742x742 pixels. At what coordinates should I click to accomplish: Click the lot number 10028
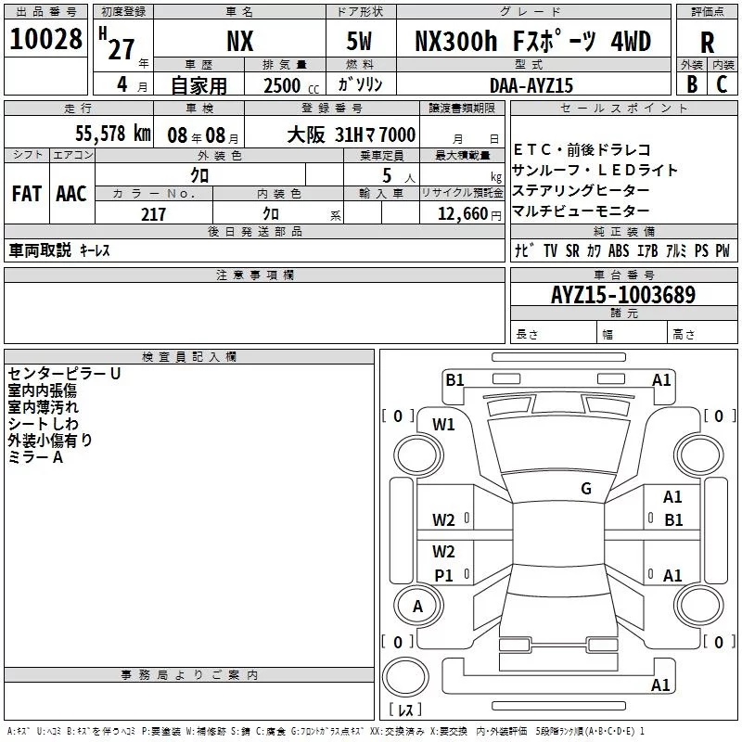point(45,39)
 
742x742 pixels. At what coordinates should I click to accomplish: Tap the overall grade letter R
point(707,43)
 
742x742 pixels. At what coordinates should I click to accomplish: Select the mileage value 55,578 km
point(113,134)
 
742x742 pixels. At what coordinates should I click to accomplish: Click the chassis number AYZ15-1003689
point(623,295)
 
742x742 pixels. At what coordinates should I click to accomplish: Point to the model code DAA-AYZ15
point(531,85)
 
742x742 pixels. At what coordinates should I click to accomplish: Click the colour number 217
point(153,214)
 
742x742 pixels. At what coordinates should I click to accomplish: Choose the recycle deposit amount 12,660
point(463,214)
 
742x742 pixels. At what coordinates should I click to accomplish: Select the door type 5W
point(359,41)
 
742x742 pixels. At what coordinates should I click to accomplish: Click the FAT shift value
point(27,194)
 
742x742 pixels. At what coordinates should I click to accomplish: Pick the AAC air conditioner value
point(71,194)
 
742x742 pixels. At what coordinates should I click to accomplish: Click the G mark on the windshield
point(586,489)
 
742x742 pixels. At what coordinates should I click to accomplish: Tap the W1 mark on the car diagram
point(443,425)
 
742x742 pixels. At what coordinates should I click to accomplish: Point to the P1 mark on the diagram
point(444,575)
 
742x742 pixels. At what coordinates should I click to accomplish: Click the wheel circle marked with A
point(417,607)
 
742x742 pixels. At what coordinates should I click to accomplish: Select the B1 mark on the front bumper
point(454,380)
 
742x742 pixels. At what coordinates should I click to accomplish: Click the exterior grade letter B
point(692,84)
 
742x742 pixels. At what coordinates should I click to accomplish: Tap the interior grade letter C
point(722,84)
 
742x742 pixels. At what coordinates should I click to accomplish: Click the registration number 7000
point(398,134)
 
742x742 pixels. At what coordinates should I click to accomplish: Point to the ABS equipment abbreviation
point(619,250)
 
